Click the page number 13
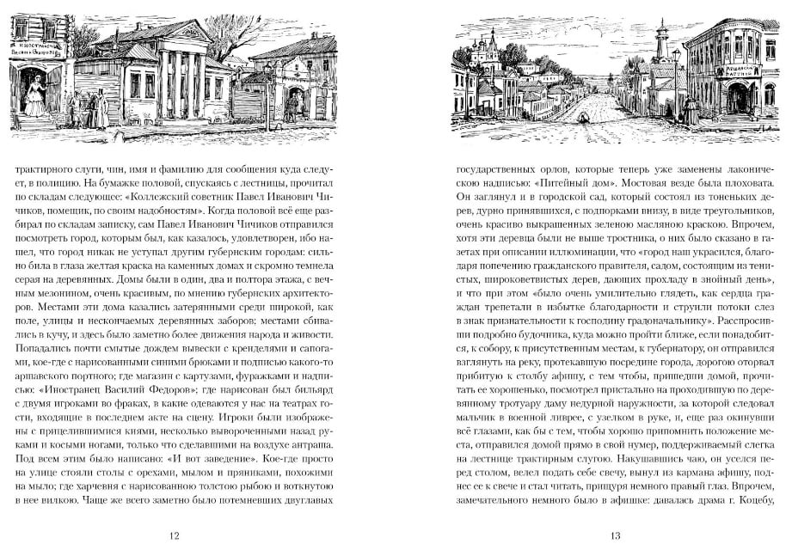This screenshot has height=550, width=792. click(615, 535)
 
